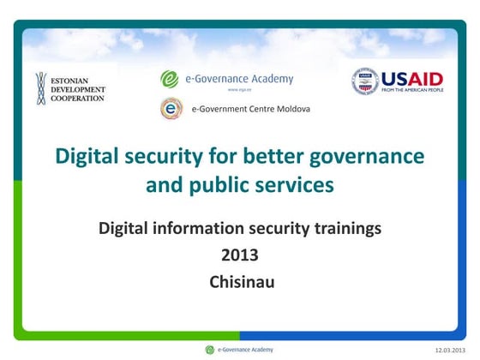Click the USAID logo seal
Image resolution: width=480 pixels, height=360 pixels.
click(x=364, y=81)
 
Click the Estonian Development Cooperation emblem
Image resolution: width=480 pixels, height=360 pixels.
click(x=40, y=88)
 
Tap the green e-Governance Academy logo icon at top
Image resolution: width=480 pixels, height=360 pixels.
click(x=170, y=79)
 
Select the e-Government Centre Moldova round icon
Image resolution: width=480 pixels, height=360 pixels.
click(x=171, y=109)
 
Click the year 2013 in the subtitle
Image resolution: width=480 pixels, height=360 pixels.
click(x=239, y=255)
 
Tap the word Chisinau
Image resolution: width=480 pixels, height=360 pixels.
click(x=240, y=280)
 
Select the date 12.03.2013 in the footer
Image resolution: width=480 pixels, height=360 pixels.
click(x=451, y=351)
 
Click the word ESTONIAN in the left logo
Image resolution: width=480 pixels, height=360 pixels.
click(x=75, y=79)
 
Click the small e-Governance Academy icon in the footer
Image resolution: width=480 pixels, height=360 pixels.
click(x=209, y=350)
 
